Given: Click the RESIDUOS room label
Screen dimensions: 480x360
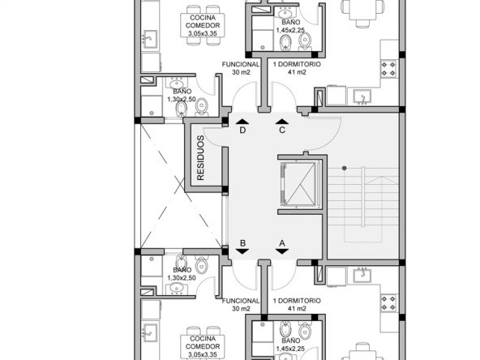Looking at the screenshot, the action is [x=200, y=158].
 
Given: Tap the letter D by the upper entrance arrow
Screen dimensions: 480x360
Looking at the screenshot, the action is [x=242, y=131].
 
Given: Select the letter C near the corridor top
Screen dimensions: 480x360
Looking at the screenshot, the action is [x=282, y=131].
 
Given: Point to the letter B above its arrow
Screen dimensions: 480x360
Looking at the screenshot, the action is [x=242, y=243].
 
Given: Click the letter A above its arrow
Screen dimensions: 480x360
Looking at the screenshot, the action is [x=282, y=243].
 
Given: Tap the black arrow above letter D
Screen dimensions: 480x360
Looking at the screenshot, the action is [x=242, y=122].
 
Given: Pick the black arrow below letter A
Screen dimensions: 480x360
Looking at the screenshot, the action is [x=282, y=251].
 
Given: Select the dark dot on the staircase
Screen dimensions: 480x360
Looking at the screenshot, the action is [x=345, y=168].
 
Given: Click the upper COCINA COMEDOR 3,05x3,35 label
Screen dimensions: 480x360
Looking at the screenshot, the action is [x=203, y=26].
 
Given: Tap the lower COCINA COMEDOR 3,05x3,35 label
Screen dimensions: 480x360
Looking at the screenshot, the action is [x=203, y=346].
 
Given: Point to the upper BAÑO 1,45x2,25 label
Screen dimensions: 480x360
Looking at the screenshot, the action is [x=290, y=26].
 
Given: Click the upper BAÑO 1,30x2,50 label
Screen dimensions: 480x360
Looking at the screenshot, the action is [x=182, y=96].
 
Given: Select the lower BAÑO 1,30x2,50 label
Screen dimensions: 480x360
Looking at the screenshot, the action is [x=182, y=274].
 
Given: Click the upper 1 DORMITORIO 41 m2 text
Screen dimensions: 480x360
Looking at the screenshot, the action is [x=297, y=68].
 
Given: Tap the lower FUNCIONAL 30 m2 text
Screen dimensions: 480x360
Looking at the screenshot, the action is [x=241, y=305].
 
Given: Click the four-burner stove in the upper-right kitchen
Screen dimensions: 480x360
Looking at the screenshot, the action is [x=388, y=69].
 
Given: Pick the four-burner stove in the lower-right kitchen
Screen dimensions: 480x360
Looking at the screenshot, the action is [x=388, y=303].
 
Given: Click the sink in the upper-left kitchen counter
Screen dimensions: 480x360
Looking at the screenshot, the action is [x=150, y=39].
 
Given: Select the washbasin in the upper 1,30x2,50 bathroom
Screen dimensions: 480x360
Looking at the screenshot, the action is [x=176, y=83].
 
